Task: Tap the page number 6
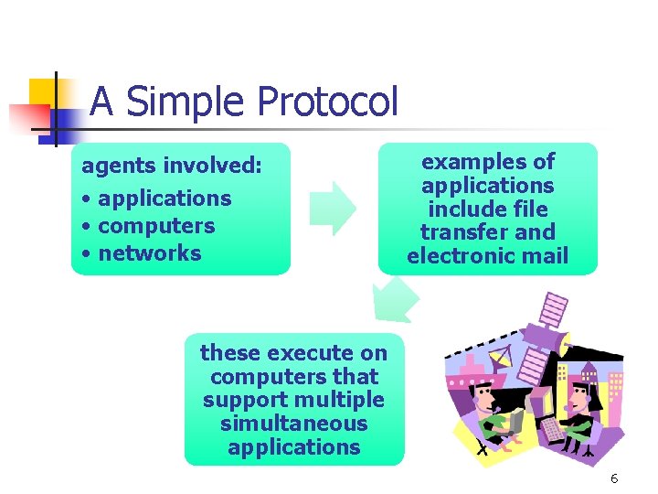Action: pos(614,478)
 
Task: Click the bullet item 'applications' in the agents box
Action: pos(164,199)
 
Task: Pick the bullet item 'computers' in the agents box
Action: pos(155,226)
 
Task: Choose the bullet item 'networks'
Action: pos(149,253)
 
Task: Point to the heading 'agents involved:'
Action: pos(172,166)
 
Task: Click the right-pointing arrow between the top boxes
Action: pos(332,209)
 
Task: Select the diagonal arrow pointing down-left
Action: pos(395,300)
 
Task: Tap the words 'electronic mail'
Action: pos(487,256)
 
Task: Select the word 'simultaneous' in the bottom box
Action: pos(293,424)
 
